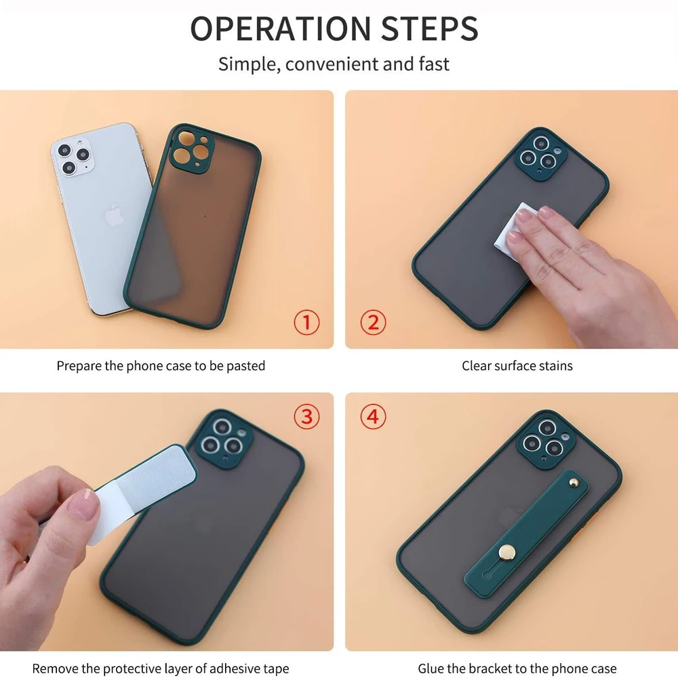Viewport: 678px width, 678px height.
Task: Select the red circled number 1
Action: [x=306, y=322]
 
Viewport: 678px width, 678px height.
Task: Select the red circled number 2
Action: [x=372, y=322]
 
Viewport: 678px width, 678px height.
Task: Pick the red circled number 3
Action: [x=306, y=416]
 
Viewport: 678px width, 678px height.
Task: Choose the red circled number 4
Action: [x=372, y=416]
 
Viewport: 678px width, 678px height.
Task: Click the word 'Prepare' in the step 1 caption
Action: [x=80, y=366]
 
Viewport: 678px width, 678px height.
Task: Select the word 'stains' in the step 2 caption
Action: [x=556, y=366]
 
